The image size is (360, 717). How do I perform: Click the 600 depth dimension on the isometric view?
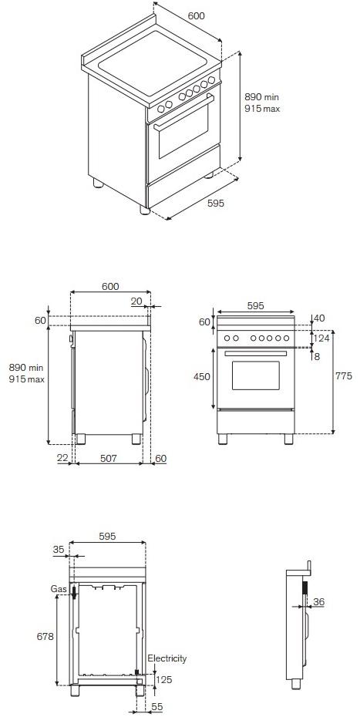(x=197, y=16)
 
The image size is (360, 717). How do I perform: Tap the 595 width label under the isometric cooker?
(x=216, y=204)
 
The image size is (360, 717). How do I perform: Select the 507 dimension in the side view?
(x=108, y=459)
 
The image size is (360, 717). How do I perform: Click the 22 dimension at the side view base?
(x=62, y=459)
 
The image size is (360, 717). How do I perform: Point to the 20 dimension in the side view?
(x=136, y=302)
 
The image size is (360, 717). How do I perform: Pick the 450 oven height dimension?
(x=202, y=376)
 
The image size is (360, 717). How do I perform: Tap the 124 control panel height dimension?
(x=322, y=337)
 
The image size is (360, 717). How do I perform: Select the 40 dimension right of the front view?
(x=319, y=318)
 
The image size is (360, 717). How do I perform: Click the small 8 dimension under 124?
(x=316, y=356)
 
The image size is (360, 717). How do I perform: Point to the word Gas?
(x=59, y=588)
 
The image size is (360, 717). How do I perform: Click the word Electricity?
(x=167, y=658)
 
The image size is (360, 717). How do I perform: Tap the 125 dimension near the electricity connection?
(x=164, y=679)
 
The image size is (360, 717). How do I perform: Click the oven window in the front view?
(x=256, y=376)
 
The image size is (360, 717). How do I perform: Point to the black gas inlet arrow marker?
(x=74, y=593)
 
